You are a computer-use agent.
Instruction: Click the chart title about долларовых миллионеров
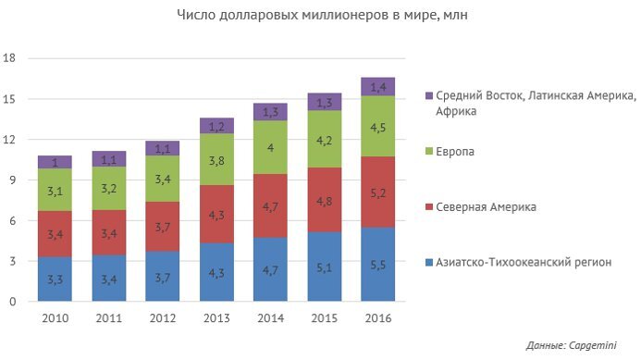pyautogui.click(x=321, y=16)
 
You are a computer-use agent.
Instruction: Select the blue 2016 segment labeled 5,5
pyautogui.click(x=376, y=265)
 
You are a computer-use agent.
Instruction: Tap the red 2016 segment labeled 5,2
pyautogui.click(x=376, y=192)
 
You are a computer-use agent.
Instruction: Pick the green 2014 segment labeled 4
pyautogui.click(x=269, y=147)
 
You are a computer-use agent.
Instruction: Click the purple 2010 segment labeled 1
pyautogui.click(x=55, y=162)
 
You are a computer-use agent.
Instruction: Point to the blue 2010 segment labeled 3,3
pyautogui.click(x=55, y=279)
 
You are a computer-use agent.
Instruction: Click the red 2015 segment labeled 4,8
pyautogui.click(x=323, y=200)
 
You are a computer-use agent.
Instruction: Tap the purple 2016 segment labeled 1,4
pyautogui.click(x=376, y=86)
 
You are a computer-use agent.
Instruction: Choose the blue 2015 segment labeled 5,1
pyautogui.click(x=323, y=267)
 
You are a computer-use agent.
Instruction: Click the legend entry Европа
pyautogui.click(x=456, y=151)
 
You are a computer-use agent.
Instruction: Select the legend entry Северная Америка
pyautogui.click(x=485, y=206)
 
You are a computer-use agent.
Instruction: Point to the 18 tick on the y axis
pyautogui.click(x=10, y=58)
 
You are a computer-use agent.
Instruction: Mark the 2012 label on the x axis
pyautogui.click(x=162, y=317)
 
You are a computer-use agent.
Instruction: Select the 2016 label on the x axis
pyautogui.click(x=376, y=317)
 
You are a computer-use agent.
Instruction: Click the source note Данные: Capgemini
pyautogui.click(x=576, y=345)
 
